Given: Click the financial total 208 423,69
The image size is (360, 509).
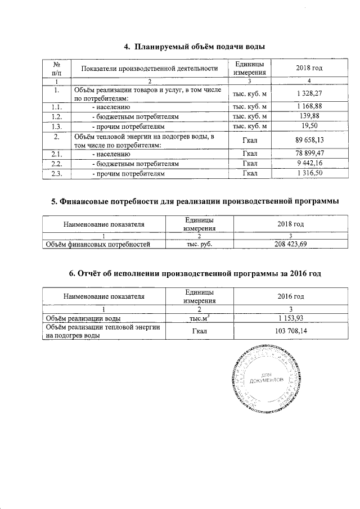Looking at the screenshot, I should pos(291,244).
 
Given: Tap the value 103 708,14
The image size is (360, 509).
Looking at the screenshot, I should pos(291,332).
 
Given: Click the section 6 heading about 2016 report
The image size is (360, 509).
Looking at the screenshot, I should pos(195,274).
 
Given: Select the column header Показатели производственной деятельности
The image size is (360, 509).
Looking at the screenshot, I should pos(149,69).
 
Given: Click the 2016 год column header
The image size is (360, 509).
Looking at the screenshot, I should pos(291,296).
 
